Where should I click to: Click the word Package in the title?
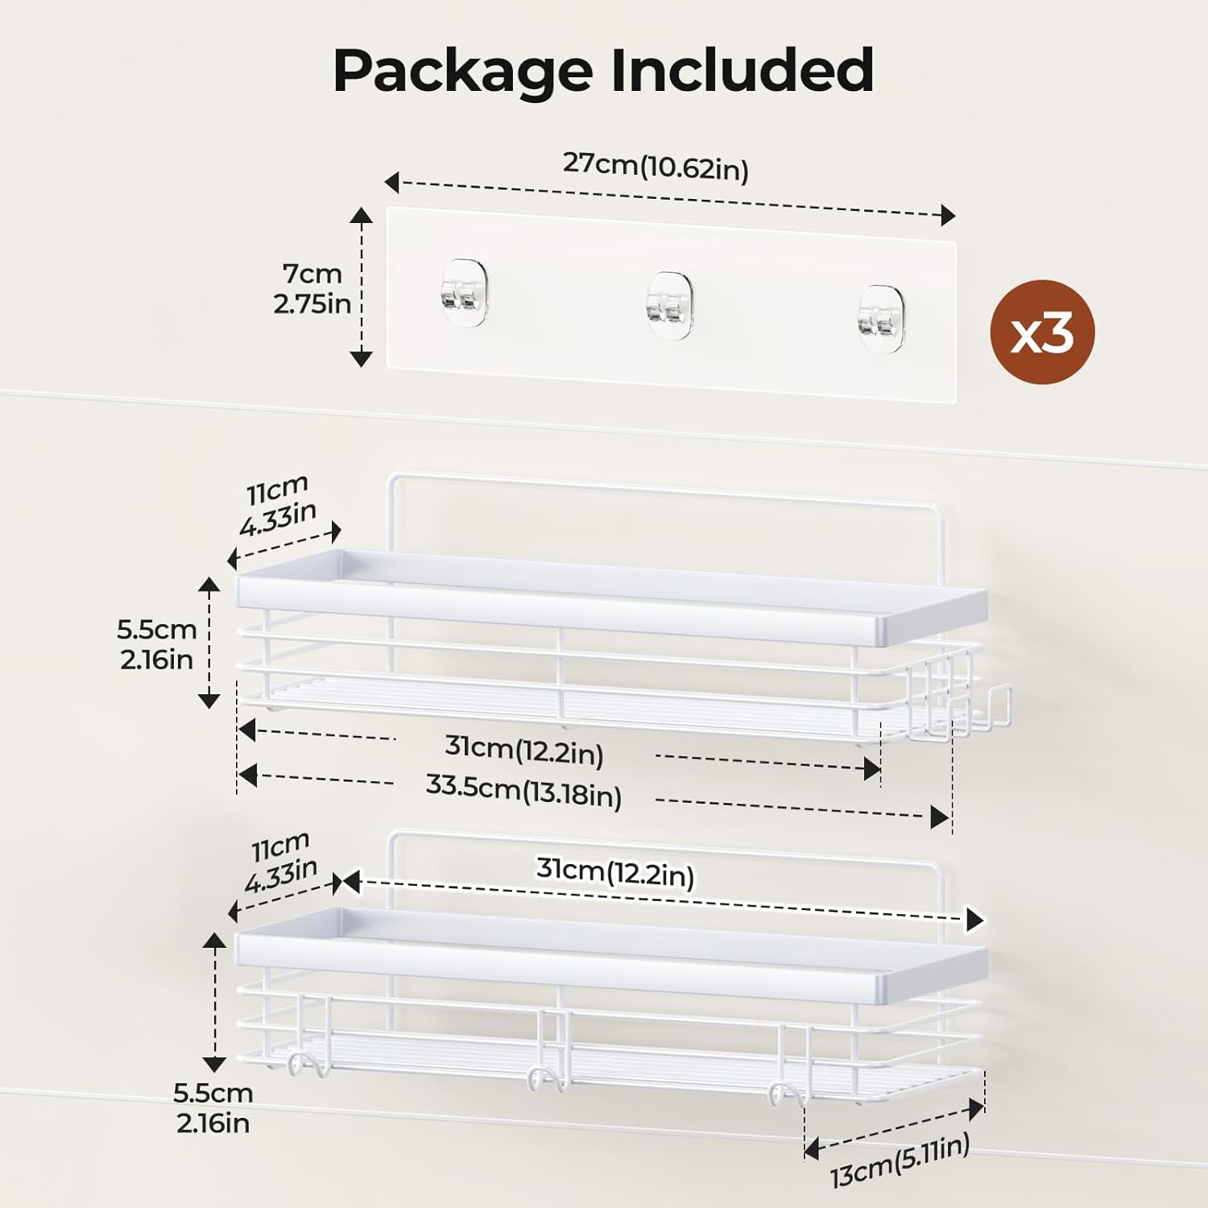pyautogui.click(x=462, y=72)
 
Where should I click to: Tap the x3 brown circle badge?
pyautogui.click(x=1042, y=332)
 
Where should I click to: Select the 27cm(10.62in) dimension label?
pyautogui.click(x=656, y=166)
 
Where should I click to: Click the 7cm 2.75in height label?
pyautogui.click(x=312, y=289)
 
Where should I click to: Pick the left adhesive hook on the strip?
pyautogui.click(x=464, y=292)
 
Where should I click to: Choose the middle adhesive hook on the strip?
pyautogui.click(x=668, y=305)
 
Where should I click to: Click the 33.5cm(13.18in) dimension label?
pyautogui.click(x=523, y=790)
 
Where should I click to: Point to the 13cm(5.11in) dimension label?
pyautogui.click(x=900, y=1160)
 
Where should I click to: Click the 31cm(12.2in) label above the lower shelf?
pyautogui.click(x=615, y=871)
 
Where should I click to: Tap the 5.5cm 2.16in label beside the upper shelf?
pyautogui.click(x=157, y=644)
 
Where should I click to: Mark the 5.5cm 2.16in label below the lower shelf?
pyautogui.click(x=213, y=1108)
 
